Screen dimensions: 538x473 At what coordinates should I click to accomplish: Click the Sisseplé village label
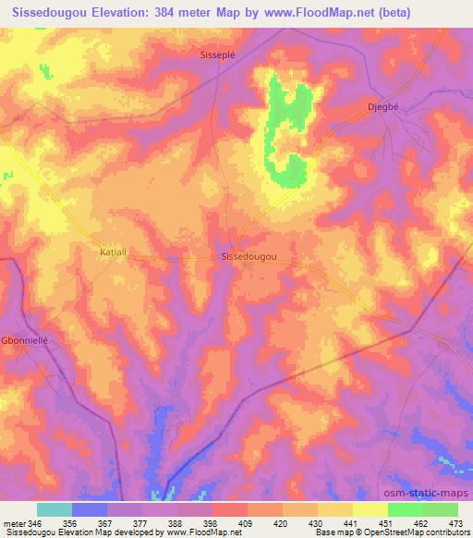pyautogui.click(x=218, y=55)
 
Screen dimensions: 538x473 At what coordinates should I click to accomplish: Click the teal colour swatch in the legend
pyautogui.click(x=55, y=509)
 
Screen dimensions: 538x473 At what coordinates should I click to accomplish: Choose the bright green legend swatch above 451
pyautogui.click(x=405, y=509)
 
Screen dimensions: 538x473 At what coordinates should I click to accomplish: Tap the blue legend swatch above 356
pyautogui.click(x=90, y=509)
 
